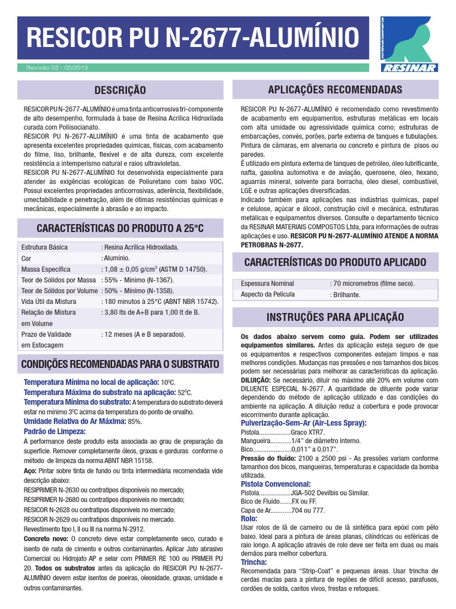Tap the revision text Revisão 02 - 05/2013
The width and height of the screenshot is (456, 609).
[x=57, y=68]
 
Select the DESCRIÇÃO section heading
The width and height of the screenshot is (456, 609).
[x=120, y=90]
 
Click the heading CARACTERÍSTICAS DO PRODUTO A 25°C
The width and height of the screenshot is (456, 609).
[x=120, y=228]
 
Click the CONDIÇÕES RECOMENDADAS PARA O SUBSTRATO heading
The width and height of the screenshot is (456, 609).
[x=120, y=363]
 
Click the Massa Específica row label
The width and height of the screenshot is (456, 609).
[x=46, y=269]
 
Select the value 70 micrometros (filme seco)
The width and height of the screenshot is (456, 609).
[x=372, y=283]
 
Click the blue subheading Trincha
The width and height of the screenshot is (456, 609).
[x=254, y=562]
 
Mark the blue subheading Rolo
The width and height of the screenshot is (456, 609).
[x=249, y=519]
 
